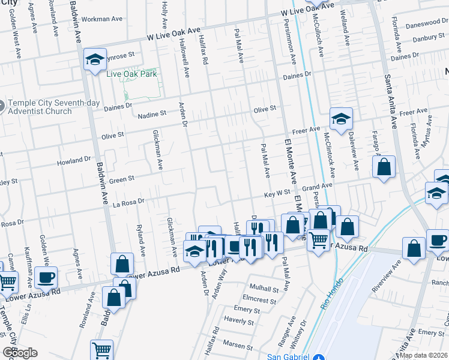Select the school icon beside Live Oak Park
[x=95, y=59]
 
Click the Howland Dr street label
[x=74, y=161]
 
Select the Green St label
[x=121, y=178]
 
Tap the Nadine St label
[x=152, y=113]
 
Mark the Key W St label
[x=278, y=195]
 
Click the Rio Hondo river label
[x=331, y=293]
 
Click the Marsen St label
[x=238, y=345]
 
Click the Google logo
[x=20, y=352]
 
